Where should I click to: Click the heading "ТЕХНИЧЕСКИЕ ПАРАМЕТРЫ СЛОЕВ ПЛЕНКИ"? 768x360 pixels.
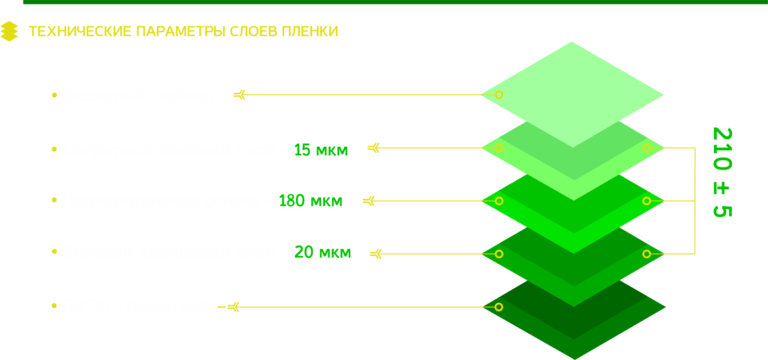(x=183, y=31)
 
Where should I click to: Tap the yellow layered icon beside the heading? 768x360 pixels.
(x=9, y=31)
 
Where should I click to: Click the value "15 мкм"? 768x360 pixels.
(x=321, y=149)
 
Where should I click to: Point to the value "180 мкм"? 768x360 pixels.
(x=310, y=201)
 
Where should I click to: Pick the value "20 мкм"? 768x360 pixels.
(x=322, y=253)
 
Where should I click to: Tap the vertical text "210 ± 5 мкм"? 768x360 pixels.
(x=721, y=204)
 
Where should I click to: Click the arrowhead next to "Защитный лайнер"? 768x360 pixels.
(x=239, y=95)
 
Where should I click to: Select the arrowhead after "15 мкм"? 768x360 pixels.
(x=373, y=148)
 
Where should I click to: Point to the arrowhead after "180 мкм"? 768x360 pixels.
(x=368, y=201)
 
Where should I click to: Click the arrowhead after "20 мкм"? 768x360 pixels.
(x=376, y=254)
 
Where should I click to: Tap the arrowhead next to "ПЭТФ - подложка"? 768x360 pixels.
(x=233, y=307)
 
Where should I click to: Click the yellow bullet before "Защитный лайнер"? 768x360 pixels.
(x=54, y=96)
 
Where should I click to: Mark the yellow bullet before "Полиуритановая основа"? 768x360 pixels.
(x=54, y=201)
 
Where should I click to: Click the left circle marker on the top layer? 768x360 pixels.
(x=499, y=95)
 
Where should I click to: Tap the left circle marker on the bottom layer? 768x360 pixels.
(x=499, y=307)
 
